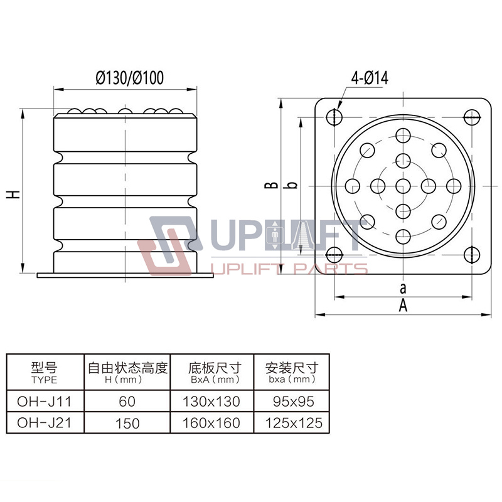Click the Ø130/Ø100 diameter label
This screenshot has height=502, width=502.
(x=130, y=78)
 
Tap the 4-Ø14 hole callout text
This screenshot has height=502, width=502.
(x=370, y=78)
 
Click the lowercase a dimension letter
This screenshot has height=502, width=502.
(x=403, y=288)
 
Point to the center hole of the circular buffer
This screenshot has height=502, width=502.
(x=403, y=185)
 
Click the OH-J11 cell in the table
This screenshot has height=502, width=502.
(x=44, y=400)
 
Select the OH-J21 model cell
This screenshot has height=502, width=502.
(x=44, y=422)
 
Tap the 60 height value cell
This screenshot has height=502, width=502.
(x=127, y=400)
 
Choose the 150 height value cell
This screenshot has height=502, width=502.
(x=127, y=422)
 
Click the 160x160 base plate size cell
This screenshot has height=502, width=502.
(x=211, y=422)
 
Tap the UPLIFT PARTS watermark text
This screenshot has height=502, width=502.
(x=290, y=269)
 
